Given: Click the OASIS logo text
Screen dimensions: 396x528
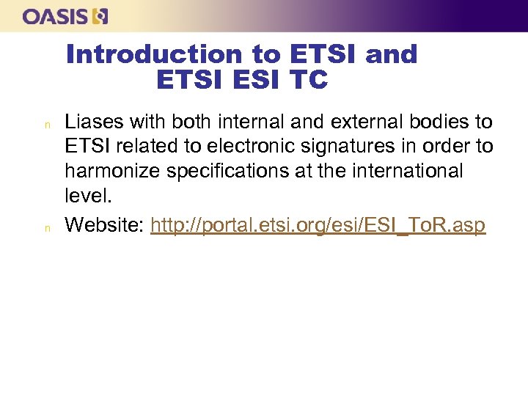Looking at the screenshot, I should coord(56,16).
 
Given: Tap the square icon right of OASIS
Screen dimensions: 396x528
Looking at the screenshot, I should coord(101,16).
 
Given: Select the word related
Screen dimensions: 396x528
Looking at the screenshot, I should coord(148,146).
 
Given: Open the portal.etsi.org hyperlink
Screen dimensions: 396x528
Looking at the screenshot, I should coord(318,225).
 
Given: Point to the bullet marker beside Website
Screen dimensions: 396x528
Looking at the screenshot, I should coord(46,228).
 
